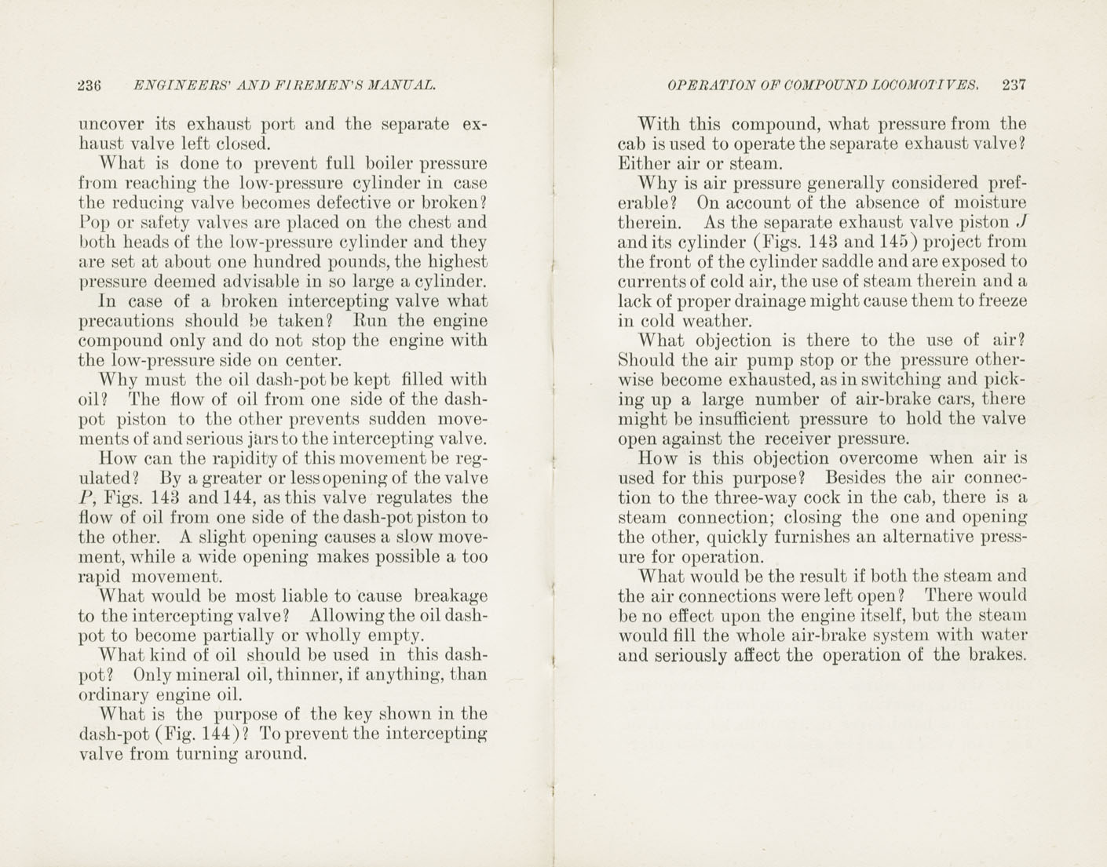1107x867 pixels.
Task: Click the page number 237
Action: tap(1014, 86)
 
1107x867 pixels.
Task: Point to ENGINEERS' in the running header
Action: tap(172, 86)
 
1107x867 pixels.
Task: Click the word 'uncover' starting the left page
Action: tap(111, 125)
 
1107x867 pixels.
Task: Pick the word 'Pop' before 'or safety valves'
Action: tap(93, 223)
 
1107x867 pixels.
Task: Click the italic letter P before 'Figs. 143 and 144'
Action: tap(84, 498)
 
